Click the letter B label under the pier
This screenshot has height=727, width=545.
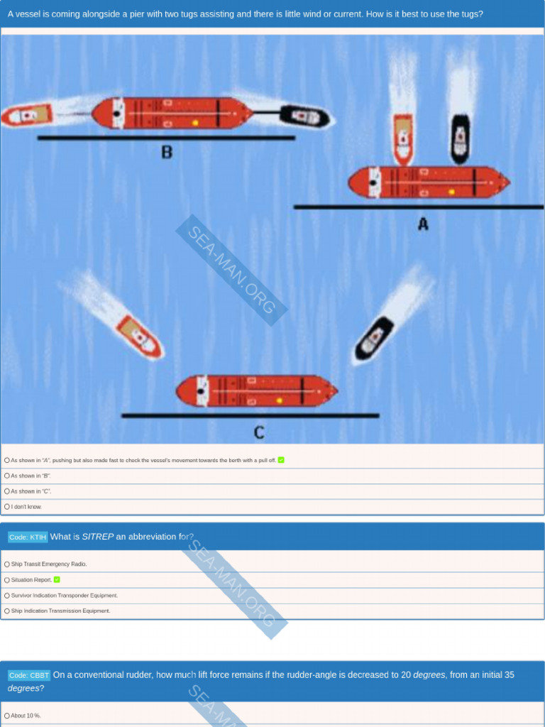coord(167,151)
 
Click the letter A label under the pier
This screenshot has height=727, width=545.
coord(423,224)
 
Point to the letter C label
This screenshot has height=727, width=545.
coord(259,432)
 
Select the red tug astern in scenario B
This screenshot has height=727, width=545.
coord(27,115)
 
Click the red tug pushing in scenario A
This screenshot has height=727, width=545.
coord(403,138)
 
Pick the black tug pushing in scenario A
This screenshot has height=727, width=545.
coord(460,138)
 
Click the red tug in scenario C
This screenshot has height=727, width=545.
coord(139,337)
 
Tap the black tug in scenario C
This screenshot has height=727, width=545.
coord(374,337)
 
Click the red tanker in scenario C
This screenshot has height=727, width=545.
coord(256,391)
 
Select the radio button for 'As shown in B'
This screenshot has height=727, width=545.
coord(7,476)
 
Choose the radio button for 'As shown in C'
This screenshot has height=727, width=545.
coord(7,491)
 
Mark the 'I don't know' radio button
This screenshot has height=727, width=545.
coord(7,507)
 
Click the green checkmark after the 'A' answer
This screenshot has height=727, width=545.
coord(281,460)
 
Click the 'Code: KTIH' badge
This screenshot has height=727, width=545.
coord(28,537)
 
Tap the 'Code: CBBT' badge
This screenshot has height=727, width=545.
coord(29,675)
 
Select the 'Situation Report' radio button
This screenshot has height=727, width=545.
coord(7,580)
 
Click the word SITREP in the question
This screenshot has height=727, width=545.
coord(98,537)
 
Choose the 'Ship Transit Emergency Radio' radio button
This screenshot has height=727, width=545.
coord(7,564)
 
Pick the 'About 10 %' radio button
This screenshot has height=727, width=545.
coord(7,716)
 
